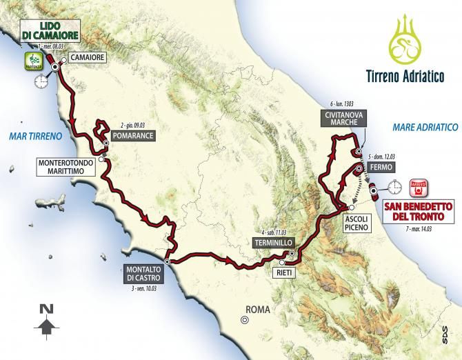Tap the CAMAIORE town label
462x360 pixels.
point(88,59)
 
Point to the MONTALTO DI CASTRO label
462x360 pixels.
point(144,273)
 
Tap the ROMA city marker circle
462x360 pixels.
point(244,319)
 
